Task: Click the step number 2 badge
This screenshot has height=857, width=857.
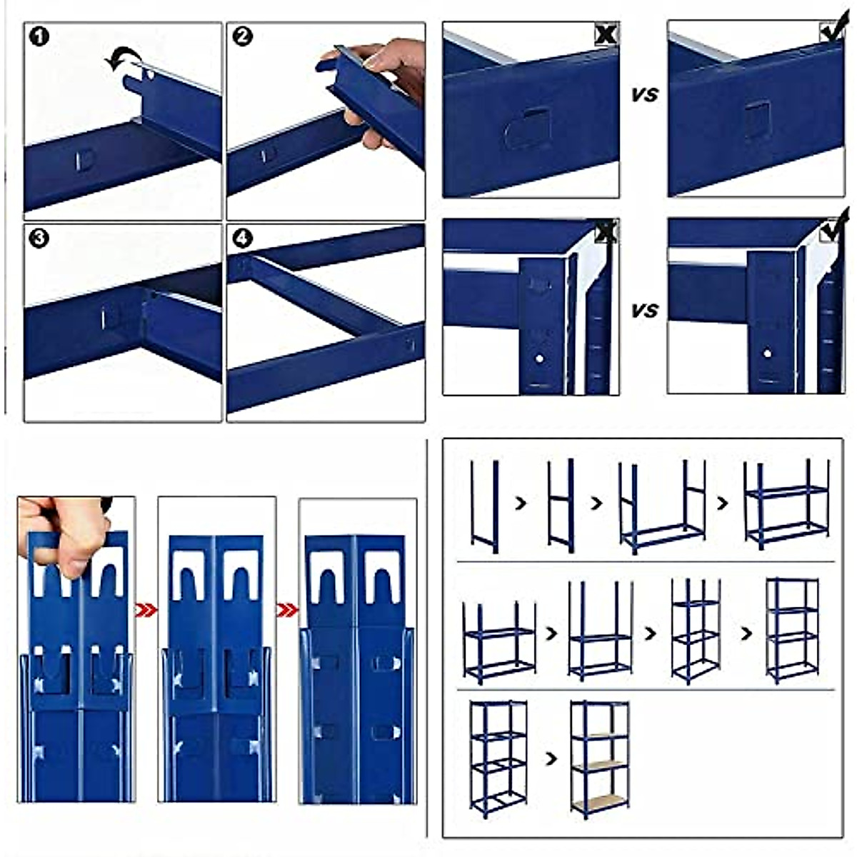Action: click(x=243, y=36)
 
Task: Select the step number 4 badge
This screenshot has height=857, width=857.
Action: click(x=243, y=238)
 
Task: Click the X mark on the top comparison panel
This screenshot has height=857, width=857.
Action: click(x=606, y=34)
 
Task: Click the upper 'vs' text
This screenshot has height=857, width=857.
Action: click(x=644, y=94)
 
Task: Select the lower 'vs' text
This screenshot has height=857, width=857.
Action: click(x=644, y=311)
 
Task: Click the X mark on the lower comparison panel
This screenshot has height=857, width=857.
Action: click(x=606, y=231)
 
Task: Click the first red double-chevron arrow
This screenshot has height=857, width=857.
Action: click(x=146, y=610)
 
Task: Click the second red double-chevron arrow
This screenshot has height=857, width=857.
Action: click(x=287, y=610)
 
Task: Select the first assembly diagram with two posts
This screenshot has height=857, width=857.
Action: click(x=484, y=506)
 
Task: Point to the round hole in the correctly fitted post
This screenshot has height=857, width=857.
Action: click(x=767, y=353)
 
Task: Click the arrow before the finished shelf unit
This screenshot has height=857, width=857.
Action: click(x=551, y=758)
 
